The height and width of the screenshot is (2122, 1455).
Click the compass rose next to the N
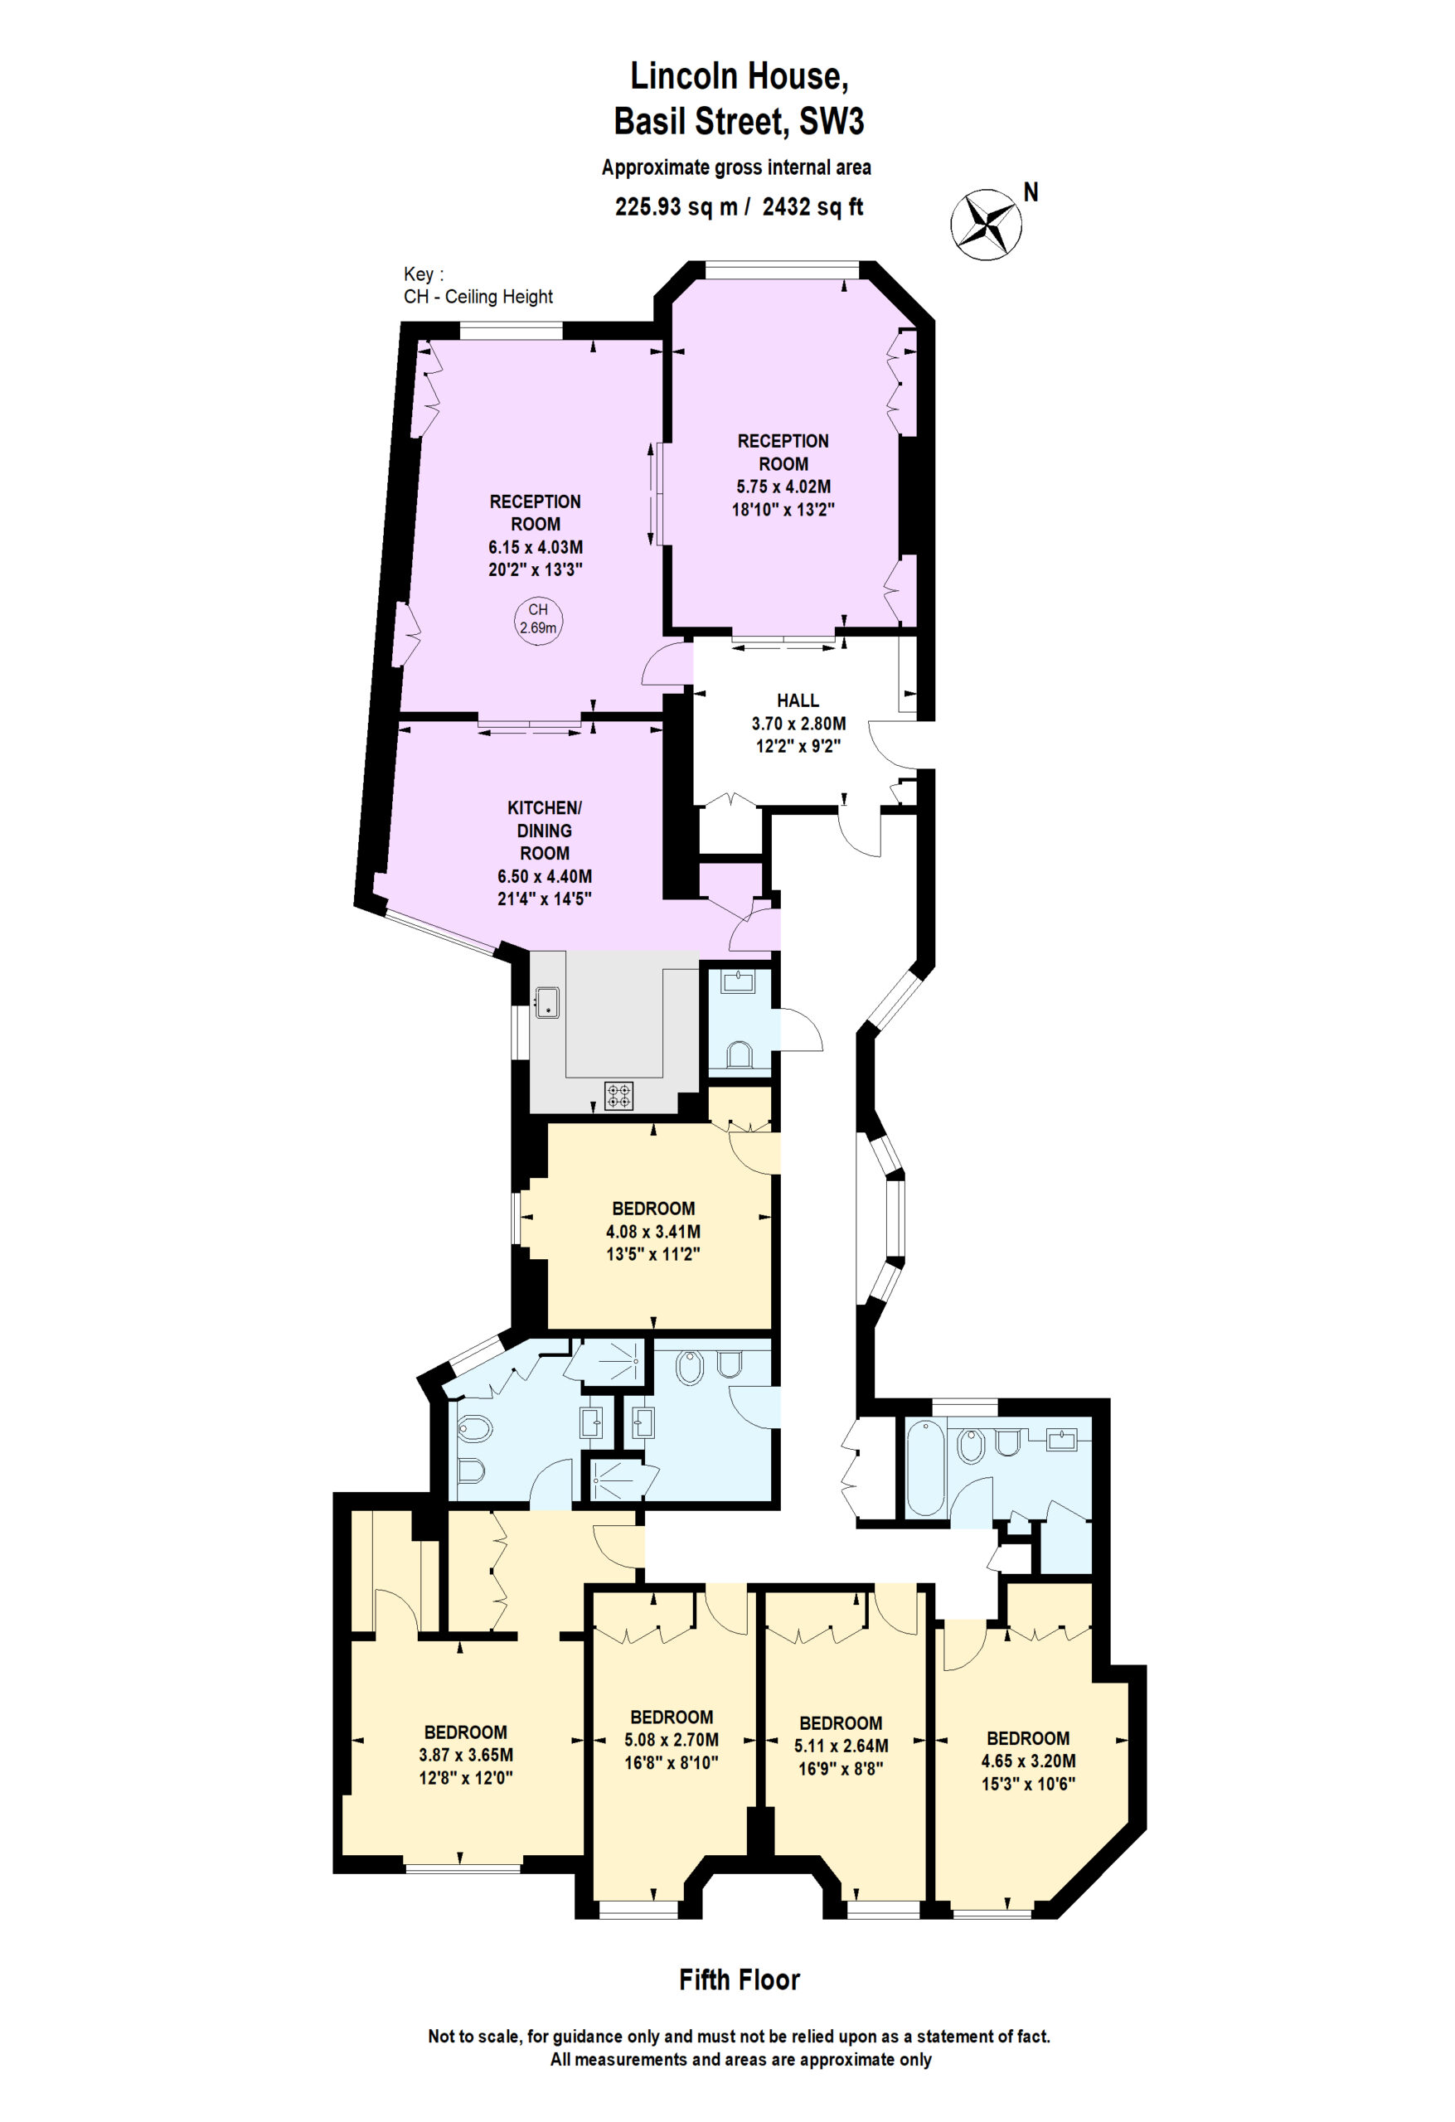coord(986,224)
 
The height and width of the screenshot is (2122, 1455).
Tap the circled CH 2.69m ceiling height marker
coord(538,619)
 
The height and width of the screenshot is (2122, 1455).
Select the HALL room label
coord(798,700)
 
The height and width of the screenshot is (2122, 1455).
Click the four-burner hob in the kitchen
coord(619,1095)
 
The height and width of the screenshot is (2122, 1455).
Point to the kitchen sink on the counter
coord(547,1001)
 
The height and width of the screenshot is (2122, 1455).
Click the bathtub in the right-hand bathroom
coord(925,1468)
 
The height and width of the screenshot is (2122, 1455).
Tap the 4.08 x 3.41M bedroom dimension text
coord(653,1231)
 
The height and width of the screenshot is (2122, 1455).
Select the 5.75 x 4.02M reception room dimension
coord(783,487)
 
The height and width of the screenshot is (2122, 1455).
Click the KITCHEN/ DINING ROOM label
coord(545,830)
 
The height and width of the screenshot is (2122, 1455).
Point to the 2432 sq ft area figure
coord(813,207)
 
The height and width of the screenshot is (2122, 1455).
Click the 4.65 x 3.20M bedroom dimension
coord(1029,1761)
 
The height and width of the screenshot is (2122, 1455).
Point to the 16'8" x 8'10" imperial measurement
coord(672,1763)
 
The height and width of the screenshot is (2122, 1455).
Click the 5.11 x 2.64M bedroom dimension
coord(841,1746)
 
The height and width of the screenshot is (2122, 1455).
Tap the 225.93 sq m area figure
coord(676,207)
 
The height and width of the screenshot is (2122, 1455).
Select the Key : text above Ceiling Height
coord(424,274)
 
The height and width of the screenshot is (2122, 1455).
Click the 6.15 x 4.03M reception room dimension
coord(536,547)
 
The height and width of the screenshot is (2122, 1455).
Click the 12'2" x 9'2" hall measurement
coord(798,746)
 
